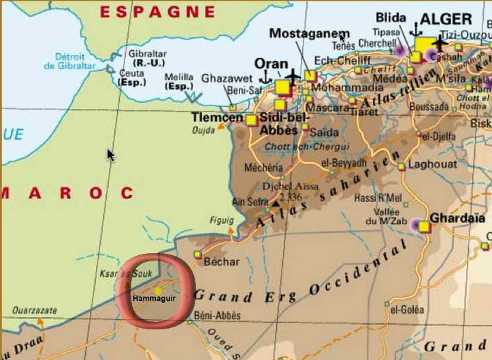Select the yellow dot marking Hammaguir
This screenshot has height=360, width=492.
158,291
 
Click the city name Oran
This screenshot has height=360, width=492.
270,63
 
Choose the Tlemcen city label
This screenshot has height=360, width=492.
217,118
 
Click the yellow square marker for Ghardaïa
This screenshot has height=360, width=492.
425,227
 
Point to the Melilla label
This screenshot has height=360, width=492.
180,77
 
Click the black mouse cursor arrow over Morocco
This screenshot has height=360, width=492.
110,154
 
